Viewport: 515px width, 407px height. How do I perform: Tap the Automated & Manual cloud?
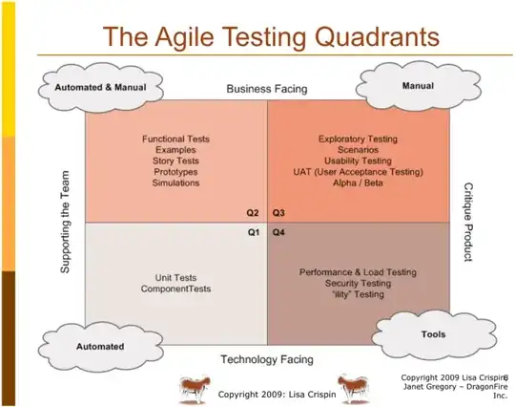(x=97, y=88)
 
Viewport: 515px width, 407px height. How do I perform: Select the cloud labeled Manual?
(x=418, y=84)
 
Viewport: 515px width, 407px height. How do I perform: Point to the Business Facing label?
(x=266, y=89)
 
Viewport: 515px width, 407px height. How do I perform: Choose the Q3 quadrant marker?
(x=279, y=212)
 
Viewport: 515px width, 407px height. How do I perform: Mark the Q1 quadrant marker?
(x=255, y=232)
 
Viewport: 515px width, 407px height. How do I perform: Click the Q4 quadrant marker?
(x=279, y=232)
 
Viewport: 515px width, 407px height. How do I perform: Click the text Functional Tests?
(x=175, y=139)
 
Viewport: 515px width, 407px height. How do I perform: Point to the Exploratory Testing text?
(x=358, y=139)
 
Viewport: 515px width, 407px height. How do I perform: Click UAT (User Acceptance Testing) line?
(x=358, y=172)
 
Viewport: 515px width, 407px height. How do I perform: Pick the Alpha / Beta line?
(x=358, y=182)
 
